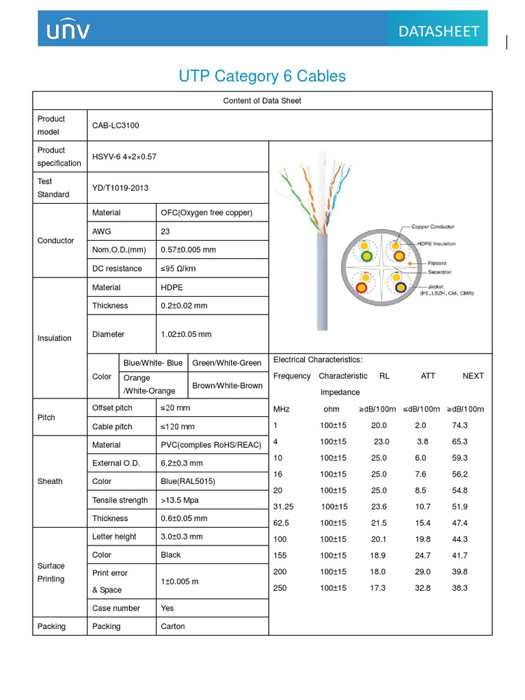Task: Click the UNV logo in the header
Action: (68, 30)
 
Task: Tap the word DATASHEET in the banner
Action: (438, 31)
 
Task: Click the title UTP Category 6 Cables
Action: (262, 76)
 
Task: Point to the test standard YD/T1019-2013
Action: (120, 188)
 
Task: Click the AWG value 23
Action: (165, 231)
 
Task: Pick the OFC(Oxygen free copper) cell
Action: (206, 213)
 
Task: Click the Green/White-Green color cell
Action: (227, 363)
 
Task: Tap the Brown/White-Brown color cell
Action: (227, 386)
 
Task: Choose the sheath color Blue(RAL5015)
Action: (188, 481)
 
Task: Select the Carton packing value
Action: (173, 626)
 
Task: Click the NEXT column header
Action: (472, 376)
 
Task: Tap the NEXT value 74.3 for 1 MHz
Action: (459, 425)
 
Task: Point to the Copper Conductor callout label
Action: (433, 227)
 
